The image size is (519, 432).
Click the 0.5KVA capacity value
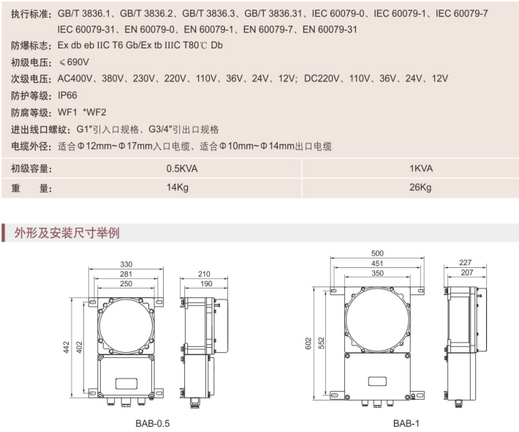[182, 168]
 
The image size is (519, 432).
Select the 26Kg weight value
[420, 187]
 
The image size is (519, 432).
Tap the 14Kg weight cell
[178, 187]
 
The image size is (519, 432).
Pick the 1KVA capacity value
[421, 168]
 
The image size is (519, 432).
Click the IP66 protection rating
[67, 95]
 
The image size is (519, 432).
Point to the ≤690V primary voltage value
[74, 62]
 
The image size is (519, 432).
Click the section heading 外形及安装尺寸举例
[67, 233]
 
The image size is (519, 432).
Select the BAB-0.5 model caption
[153, 423]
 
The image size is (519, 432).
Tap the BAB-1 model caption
[406, 423]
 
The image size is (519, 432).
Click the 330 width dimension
[126, 264]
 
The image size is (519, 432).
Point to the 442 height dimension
[67, 347]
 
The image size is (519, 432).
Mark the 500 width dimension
[377, 253]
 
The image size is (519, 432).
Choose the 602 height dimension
[308, 343]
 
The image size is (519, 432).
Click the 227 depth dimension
[465, 263]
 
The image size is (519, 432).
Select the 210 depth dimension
[204, 274]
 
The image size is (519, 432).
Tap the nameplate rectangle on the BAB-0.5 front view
[126, 383]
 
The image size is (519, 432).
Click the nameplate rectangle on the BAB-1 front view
[377, 381]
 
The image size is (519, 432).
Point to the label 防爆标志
[31, 45]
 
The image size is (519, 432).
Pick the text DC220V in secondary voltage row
[322, 78]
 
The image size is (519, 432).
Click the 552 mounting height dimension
[322, 343]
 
